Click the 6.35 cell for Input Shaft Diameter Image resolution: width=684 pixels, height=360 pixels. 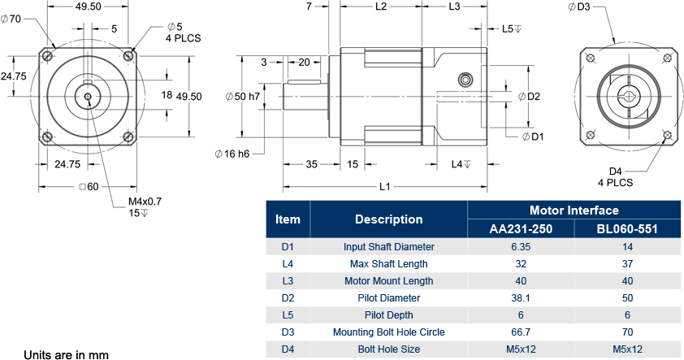tap(521, 246)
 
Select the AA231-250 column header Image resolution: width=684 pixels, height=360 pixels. tap(521, 228)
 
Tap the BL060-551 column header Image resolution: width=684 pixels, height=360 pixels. tap(627, 228)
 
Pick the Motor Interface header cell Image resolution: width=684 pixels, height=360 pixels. tap(574, 210)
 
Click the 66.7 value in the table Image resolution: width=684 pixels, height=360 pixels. tap(521, 332)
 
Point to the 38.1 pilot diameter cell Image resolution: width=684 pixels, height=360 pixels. tap(521, 297)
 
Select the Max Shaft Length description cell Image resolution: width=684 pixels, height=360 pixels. tap(388, 263)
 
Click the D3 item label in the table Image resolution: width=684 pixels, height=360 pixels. tap(288, 332)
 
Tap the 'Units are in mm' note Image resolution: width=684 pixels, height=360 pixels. tap(66, 354)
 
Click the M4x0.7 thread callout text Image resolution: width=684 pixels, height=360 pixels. tap(145, 202)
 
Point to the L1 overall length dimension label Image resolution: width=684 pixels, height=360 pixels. tap(385, 187)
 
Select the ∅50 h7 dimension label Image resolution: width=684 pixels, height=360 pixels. tap(242, 97)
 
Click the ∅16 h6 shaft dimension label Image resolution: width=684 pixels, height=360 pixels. tap(232, 154)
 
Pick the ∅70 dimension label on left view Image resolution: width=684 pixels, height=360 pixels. tap(11, 20)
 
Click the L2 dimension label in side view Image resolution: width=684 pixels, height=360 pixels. tap(381, 7)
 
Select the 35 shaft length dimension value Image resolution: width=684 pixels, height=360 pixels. tap(311, 163)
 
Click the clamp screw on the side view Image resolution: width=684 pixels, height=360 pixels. tap(465, 80)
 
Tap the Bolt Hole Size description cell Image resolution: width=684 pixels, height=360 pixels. tap(388, 349)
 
